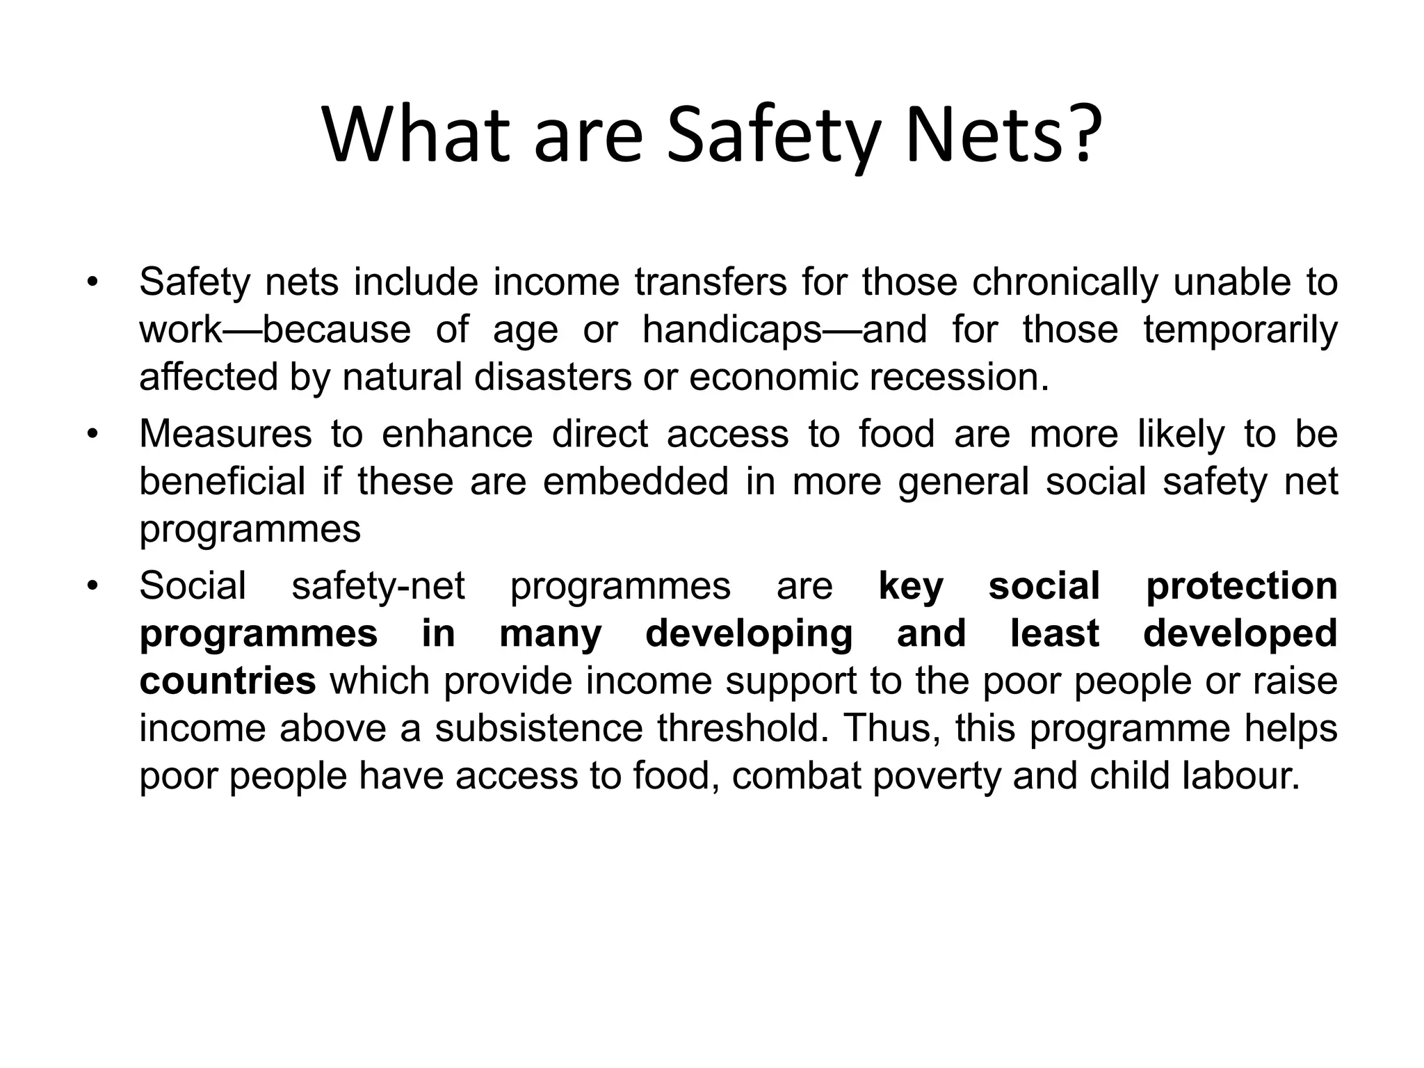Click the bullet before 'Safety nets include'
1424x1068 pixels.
91,284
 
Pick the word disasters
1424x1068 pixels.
553,377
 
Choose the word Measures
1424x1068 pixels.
225,434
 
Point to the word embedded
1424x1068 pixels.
636,481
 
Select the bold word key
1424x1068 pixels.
911,585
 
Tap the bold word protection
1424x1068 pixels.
1241,585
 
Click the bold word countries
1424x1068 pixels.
228,680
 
